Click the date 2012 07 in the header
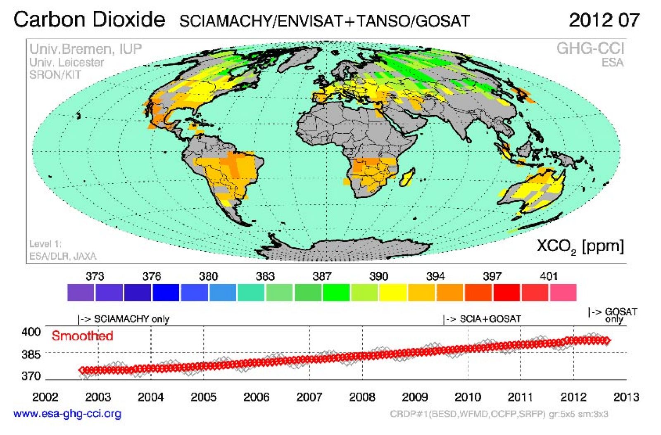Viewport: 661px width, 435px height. (x=604, y=20)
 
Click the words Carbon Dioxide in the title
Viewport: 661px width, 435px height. (x=89, y=19)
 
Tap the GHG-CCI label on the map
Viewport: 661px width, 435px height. (x=590, y=49)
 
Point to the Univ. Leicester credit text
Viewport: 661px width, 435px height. (x=67, y=62)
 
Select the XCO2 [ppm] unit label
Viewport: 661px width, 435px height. (x=580, y=246)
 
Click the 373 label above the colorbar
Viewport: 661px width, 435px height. (x=95, y=276)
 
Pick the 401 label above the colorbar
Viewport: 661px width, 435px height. (x=548, y=276)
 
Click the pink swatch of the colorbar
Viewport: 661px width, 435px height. (x=563, y=292)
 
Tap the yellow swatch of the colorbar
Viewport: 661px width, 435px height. (x=393, y=292)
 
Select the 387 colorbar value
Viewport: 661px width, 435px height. (x=321, y=276)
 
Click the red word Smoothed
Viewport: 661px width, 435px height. (x=82, y=336)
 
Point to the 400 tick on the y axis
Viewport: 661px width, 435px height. (x=31, y=332)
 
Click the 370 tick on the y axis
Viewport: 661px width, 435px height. (x=31, y=376)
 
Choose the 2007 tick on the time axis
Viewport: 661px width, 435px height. (x=309, y=397)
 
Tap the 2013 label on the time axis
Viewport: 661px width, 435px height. (x=626, y=397)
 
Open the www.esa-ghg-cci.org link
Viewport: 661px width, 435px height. (x=67, y=414)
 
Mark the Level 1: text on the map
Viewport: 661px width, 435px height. (x=45, y=244)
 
